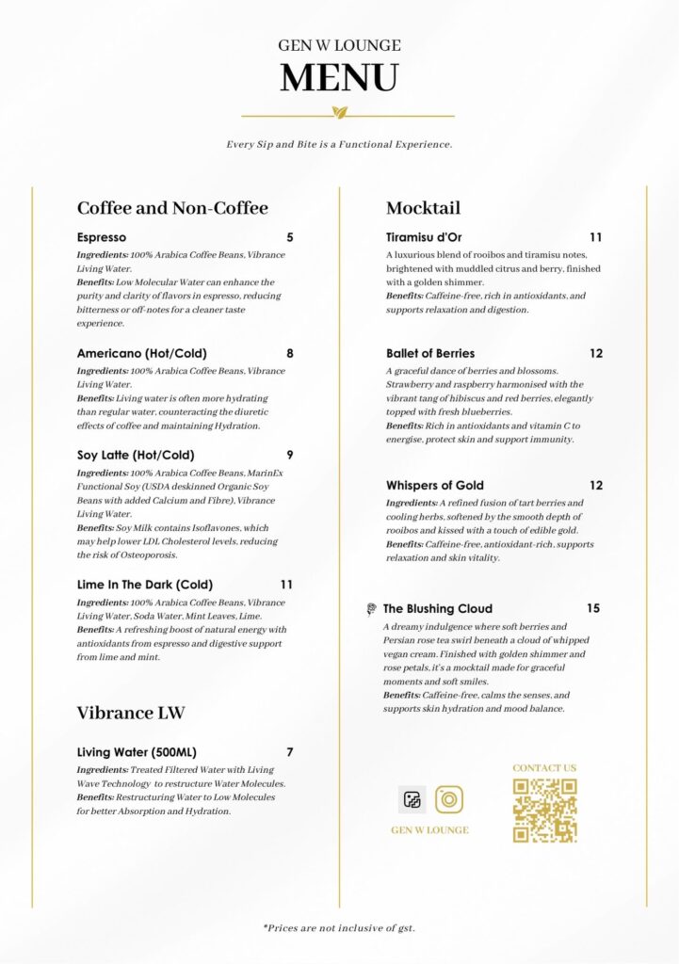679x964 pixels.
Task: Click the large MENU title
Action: coord(339,77)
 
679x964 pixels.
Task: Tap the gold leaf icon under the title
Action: coord(340,113)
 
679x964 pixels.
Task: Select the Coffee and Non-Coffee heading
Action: coord(172,208)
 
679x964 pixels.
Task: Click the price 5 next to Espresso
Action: coord(290,237)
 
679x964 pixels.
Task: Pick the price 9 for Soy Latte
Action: coord(290,455)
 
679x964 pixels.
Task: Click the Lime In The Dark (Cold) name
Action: coord(145,585)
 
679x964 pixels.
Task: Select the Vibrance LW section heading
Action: coord(131,714)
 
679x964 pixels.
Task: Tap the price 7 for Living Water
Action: coord(290,752)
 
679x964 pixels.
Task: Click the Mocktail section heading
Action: coord(423,208)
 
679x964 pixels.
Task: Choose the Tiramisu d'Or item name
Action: coord(424,237)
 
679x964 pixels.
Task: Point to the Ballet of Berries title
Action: coord(430,354)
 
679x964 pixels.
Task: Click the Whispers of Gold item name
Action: coord(435,486)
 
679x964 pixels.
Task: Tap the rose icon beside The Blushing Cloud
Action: coord(372,609)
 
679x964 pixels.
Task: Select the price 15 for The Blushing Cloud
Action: coord(593,608)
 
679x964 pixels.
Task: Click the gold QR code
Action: coord(544,810)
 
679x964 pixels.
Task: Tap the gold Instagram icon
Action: coord(449,800)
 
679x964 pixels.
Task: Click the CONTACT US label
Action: coord(544,768)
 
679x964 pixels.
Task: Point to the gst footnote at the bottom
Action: coord(339,928)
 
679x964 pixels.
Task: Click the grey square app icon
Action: coord(412,800)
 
